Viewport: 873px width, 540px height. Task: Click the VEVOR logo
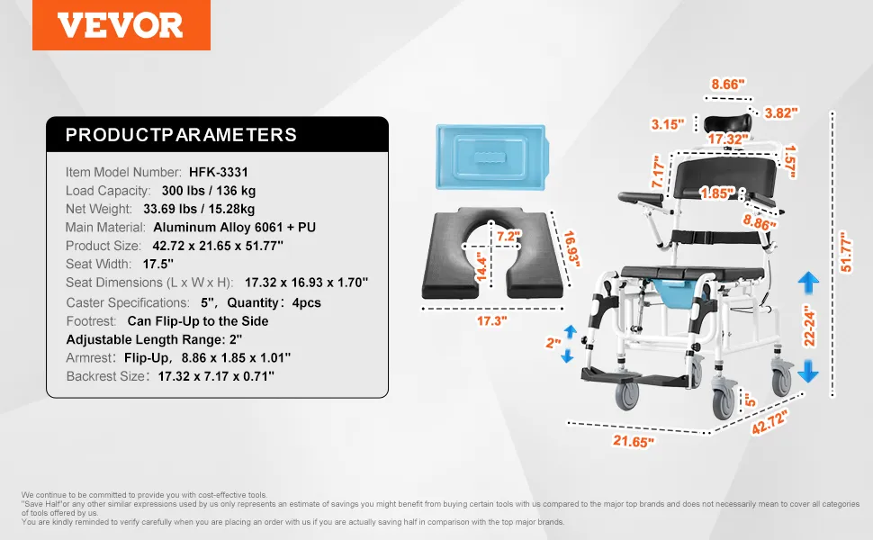pyautogui.click(x=121, y=25)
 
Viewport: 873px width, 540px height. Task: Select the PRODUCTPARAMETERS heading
pyautogui.click(x=181, y=135)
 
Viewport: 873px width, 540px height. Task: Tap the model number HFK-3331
pyautogui.click(x=218, y=172)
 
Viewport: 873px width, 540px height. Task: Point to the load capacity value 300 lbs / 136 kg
pyautogui.click(x=209, y=191)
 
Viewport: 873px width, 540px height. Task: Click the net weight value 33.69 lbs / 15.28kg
pyautogui.click(x=199, y=209)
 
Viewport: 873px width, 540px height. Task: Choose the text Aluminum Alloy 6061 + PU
pyautogui.click(x=234, y=227)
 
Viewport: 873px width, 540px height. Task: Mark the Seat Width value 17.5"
pyautogui.click(x=158, y=264)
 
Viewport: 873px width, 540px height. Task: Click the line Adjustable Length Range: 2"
pyautogui.click(x=154, y=339)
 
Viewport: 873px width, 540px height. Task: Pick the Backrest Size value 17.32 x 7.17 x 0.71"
pyautogui.click(x=216, y=376)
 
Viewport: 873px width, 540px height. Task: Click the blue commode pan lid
pyautogui.click(x=491, y=157)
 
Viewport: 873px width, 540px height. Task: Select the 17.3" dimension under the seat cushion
pyautogui.click(x=491, y=320)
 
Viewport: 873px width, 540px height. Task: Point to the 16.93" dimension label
pyautogui.click(x=571, y=248)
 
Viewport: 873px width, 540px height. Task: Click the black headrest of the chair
pyautogui.click(x=727, y=123)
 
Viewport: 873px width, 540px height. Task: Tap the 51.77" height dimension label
pyautogui.click(x=846, y=252)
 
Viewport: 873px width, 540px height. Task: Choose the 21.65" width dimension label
pyautogui.click(x=633, y=442)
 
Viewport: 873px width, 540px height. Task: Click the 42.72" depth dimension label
pyautogui.click(x=770, y=422)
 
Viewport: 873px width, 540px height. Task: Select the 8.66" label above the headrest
pyautogui.click(x=728, y=84)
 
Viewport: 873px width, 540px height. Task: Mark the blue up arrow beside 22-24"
pyautogui.click(x=808, y=283)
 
